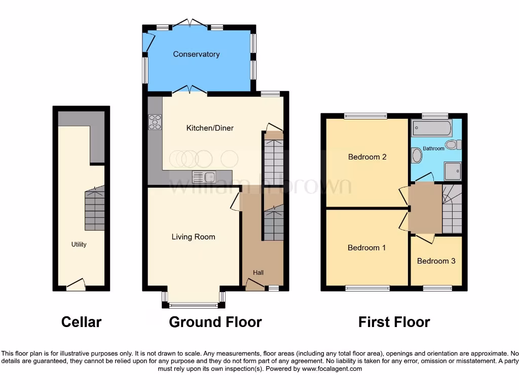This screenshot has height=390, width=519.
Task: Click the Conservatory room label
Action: coord(196,54)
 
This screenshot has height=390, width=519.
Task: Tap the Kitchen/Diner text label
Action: coord(210,128)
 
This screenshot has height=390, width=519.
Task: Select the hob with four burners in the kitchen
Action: coord(154,122)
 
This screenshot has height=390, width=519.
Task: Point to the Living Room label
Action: coord(193,237)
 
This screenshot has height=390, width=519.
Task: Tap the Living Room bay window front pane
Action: coord(193,306)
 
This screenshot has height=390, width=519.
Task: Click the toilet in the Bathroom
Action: coord(456,145)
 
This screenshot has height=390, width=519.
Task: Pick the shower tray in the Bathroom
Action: coord(453,171)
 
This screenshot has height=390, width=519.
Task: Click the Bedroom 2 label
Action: coord(367,157)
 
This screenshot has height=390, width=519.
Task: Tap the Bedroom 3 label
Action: coord(436,261)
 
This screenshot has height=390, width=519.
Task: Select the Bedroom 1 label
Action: coord(366,248)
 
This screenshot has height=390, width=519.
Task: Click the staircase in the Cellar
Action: coord(95,208)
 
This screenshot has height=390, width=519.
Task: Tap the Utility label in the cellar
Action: coord(79,244)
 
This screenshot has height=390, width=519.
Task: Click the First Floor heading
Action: coord(394,322)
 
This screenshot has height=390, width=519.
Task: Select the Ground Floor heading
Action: coord(215,322)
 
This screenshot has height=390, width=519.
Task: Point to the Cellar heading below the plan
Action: coord(81,322)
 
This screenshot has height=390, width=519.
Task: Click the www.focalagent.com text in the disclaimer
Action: coord(331,369)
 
